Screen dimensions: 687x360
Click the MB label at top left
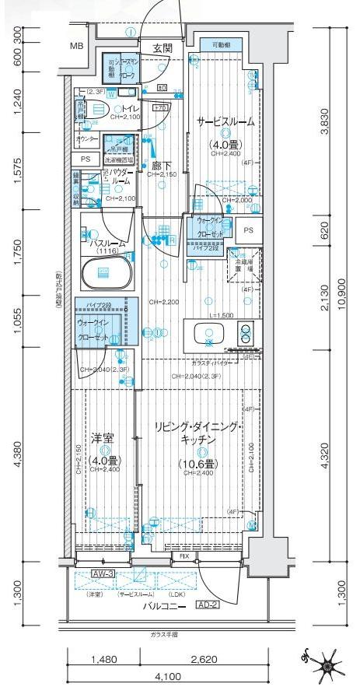click(76, 47)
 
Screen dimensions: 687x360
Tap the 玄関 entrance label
click(163, 48)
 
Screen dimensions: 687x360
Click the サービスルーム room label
click(223, 122)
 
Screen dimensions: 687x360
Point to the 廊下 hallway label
click(162, 165)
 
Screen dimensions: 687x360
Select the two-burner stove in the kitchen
click(246, 333)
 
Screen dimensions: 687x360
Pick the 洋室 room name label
click(103, 437)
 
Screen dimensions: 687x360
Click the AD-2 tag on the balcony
click(206, 605)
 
